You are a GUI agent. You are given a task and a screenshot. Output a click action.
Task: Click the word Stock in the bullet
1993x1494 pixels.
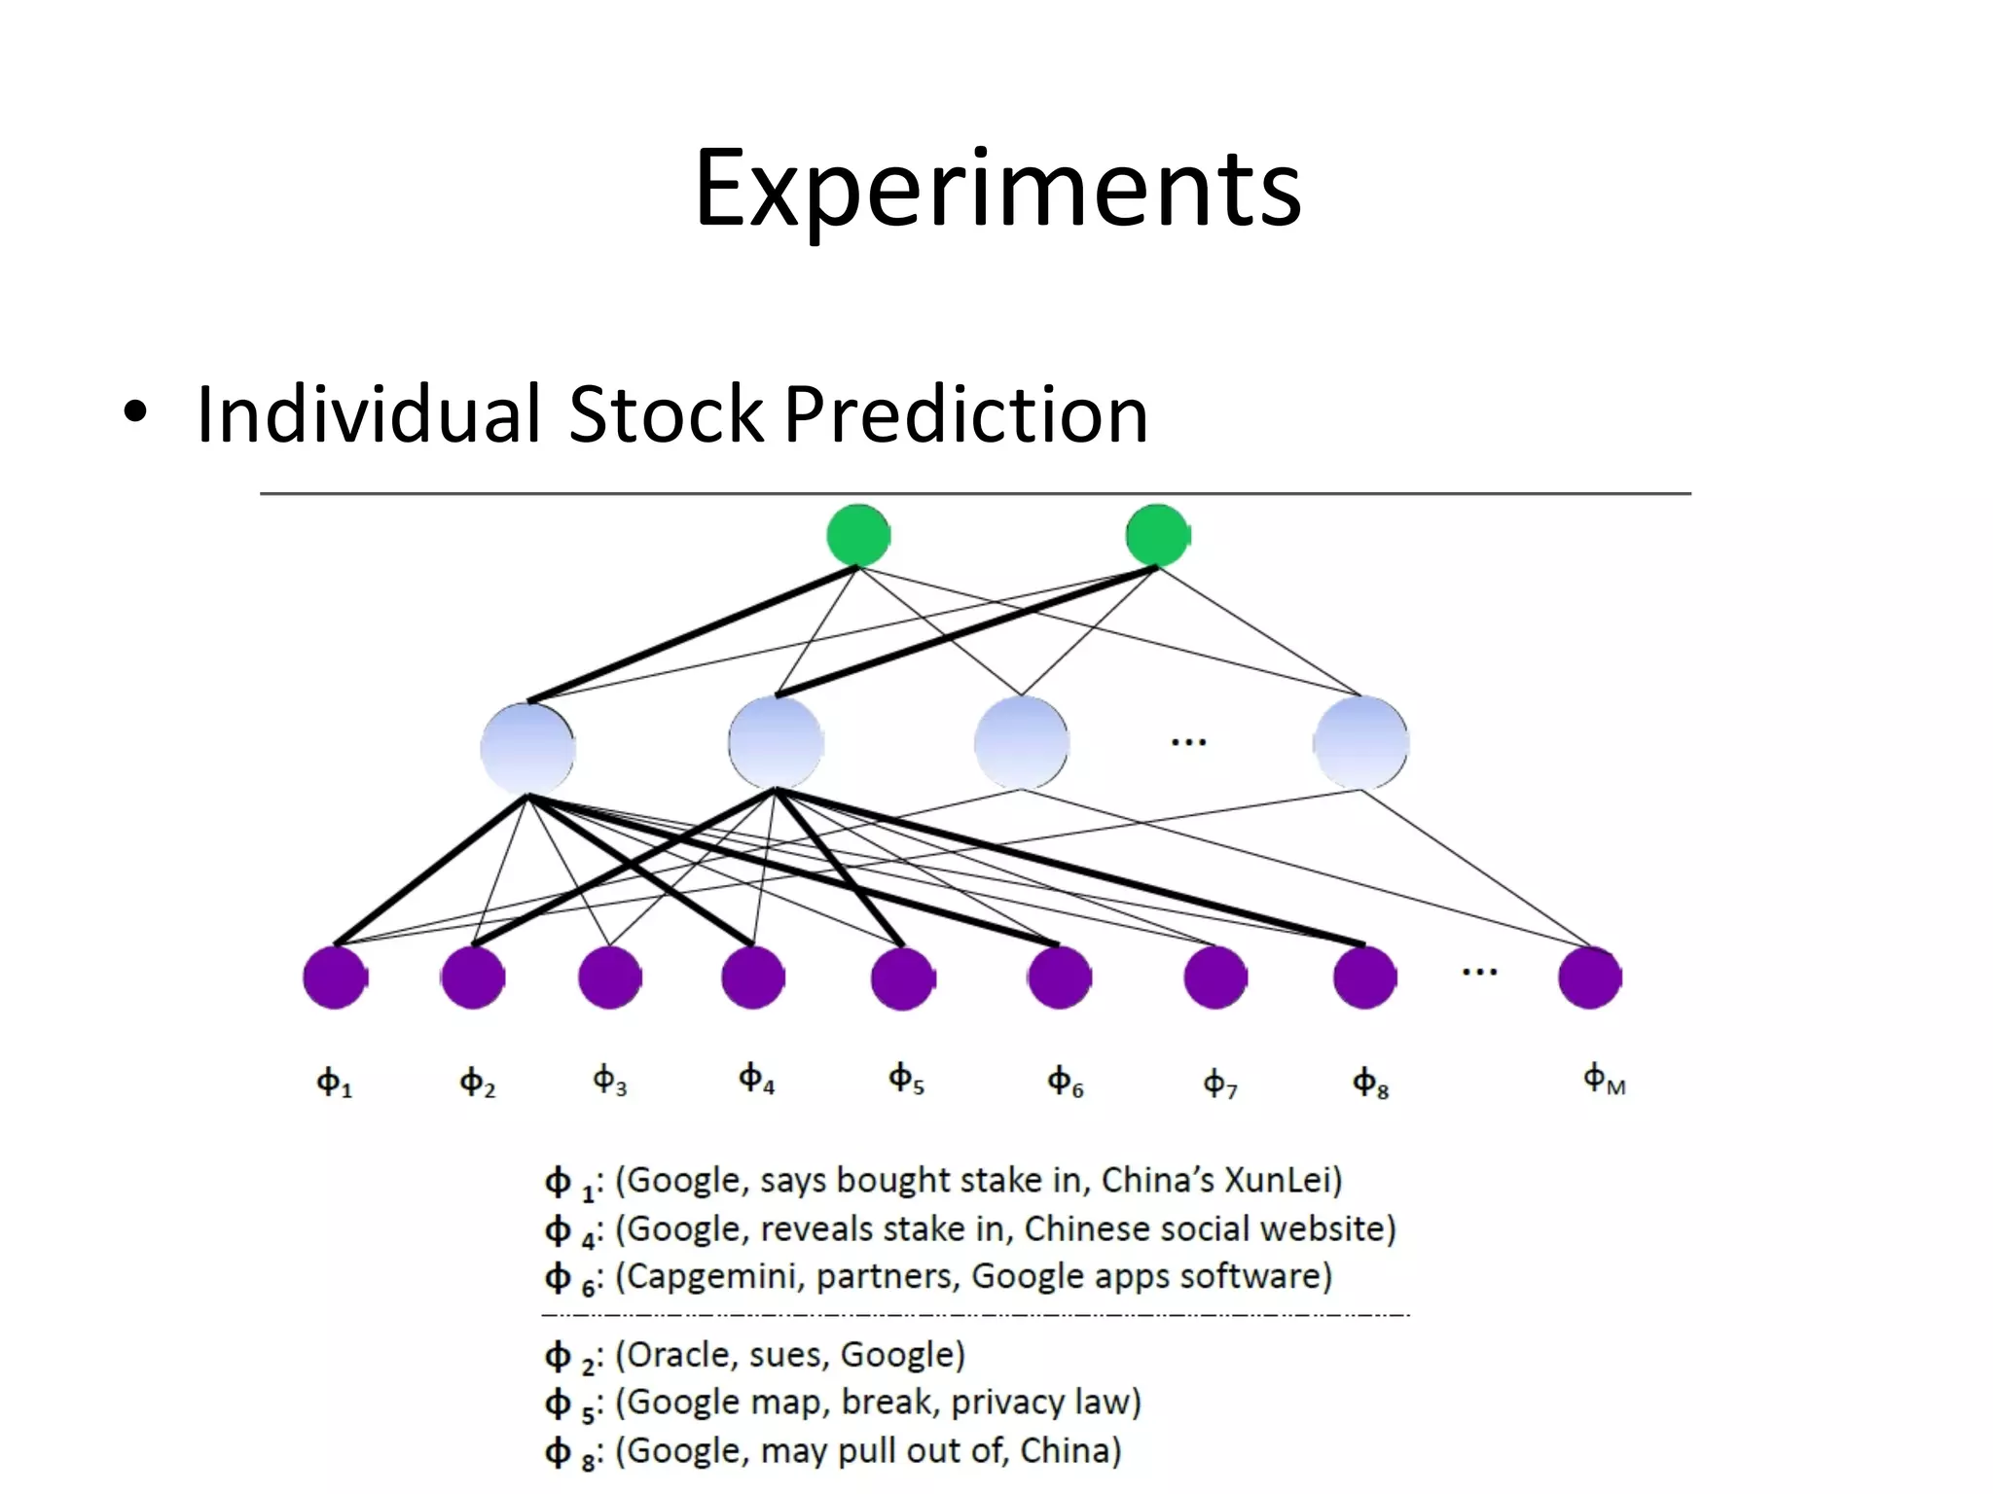666,414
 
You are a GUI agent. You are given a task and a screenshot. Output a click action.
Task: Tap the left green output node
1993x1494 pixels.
857,535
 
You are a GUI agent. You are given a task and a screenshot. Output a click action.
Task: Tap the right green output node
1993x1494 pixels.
1156,535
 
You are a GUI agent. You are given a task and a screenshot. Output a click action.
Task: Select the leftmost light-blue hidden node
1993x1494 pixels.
527,745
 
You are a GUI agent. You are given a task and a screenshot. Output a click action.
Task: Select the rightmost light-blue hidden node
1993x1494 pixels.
1360,743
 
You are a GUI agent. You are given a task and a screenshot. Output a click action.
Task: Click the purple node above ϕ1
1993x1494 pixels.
334,977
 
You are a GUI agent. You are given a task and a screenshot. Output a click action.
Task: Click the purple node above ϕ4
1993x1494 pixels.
752,977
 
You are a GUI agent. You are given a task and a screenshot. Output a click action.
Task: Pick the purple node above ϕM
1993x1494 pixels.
1589,977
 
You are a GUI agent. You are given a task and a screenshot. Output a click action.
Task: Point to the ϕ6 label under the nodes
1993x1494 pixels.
1065,1081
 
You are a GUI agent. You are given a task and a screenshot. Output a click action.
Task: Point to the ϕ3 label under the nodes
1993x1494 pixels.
610,1080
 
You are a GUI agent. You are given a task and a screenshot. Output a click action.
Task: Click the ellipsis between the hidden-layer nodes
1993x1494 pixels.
1188,743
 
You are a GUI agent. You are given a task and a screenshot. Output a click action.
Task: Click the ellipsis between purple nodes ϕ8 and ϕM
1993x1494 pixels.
1479,972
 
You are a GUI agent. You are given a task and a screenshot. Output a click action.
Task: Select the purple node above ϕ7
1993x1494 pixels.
1214,977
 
